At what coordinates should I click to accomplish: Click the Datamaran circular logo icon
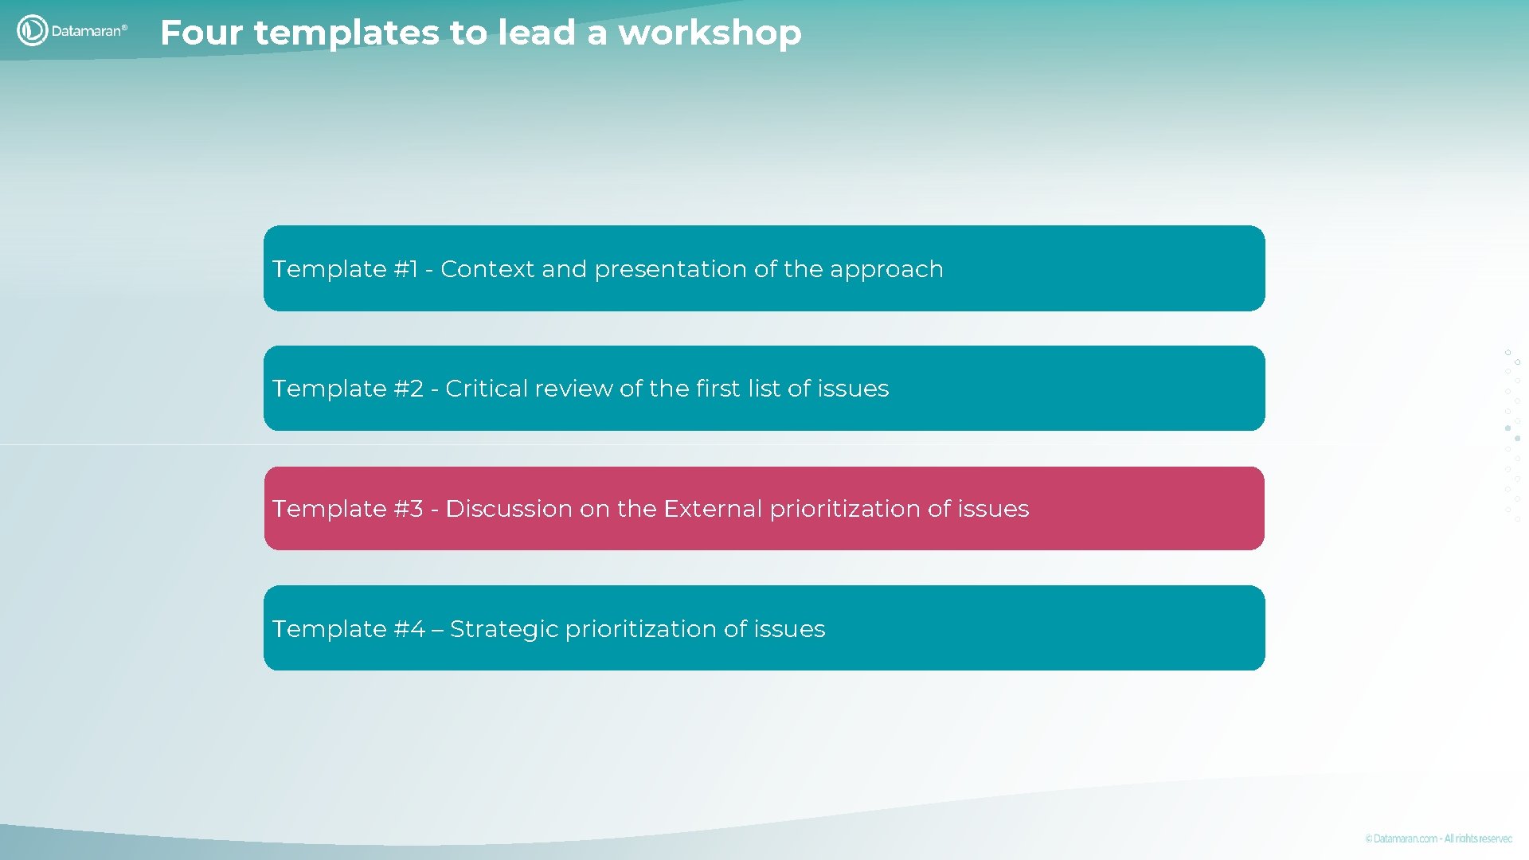32,30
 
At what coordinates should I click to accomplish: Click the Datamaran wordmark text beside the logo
88,31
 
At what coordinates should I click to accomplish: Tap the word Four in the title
201,33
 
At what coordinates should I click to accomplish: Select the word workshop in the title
710,33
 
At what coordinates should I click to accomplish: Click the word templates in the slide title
346,33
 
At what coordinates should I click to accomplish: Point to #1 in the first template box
405,269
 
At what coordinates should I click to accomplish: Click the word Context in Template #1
487,269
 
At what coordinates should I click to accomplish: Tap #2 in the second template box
408,389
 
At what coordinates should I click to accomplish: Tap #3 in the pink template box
408,509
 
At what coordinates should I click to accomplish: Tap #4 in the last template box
409,629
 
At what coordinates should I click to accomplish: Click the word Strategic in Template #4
503,630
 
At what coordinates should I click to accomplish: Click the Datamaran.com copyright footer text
1437,838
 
